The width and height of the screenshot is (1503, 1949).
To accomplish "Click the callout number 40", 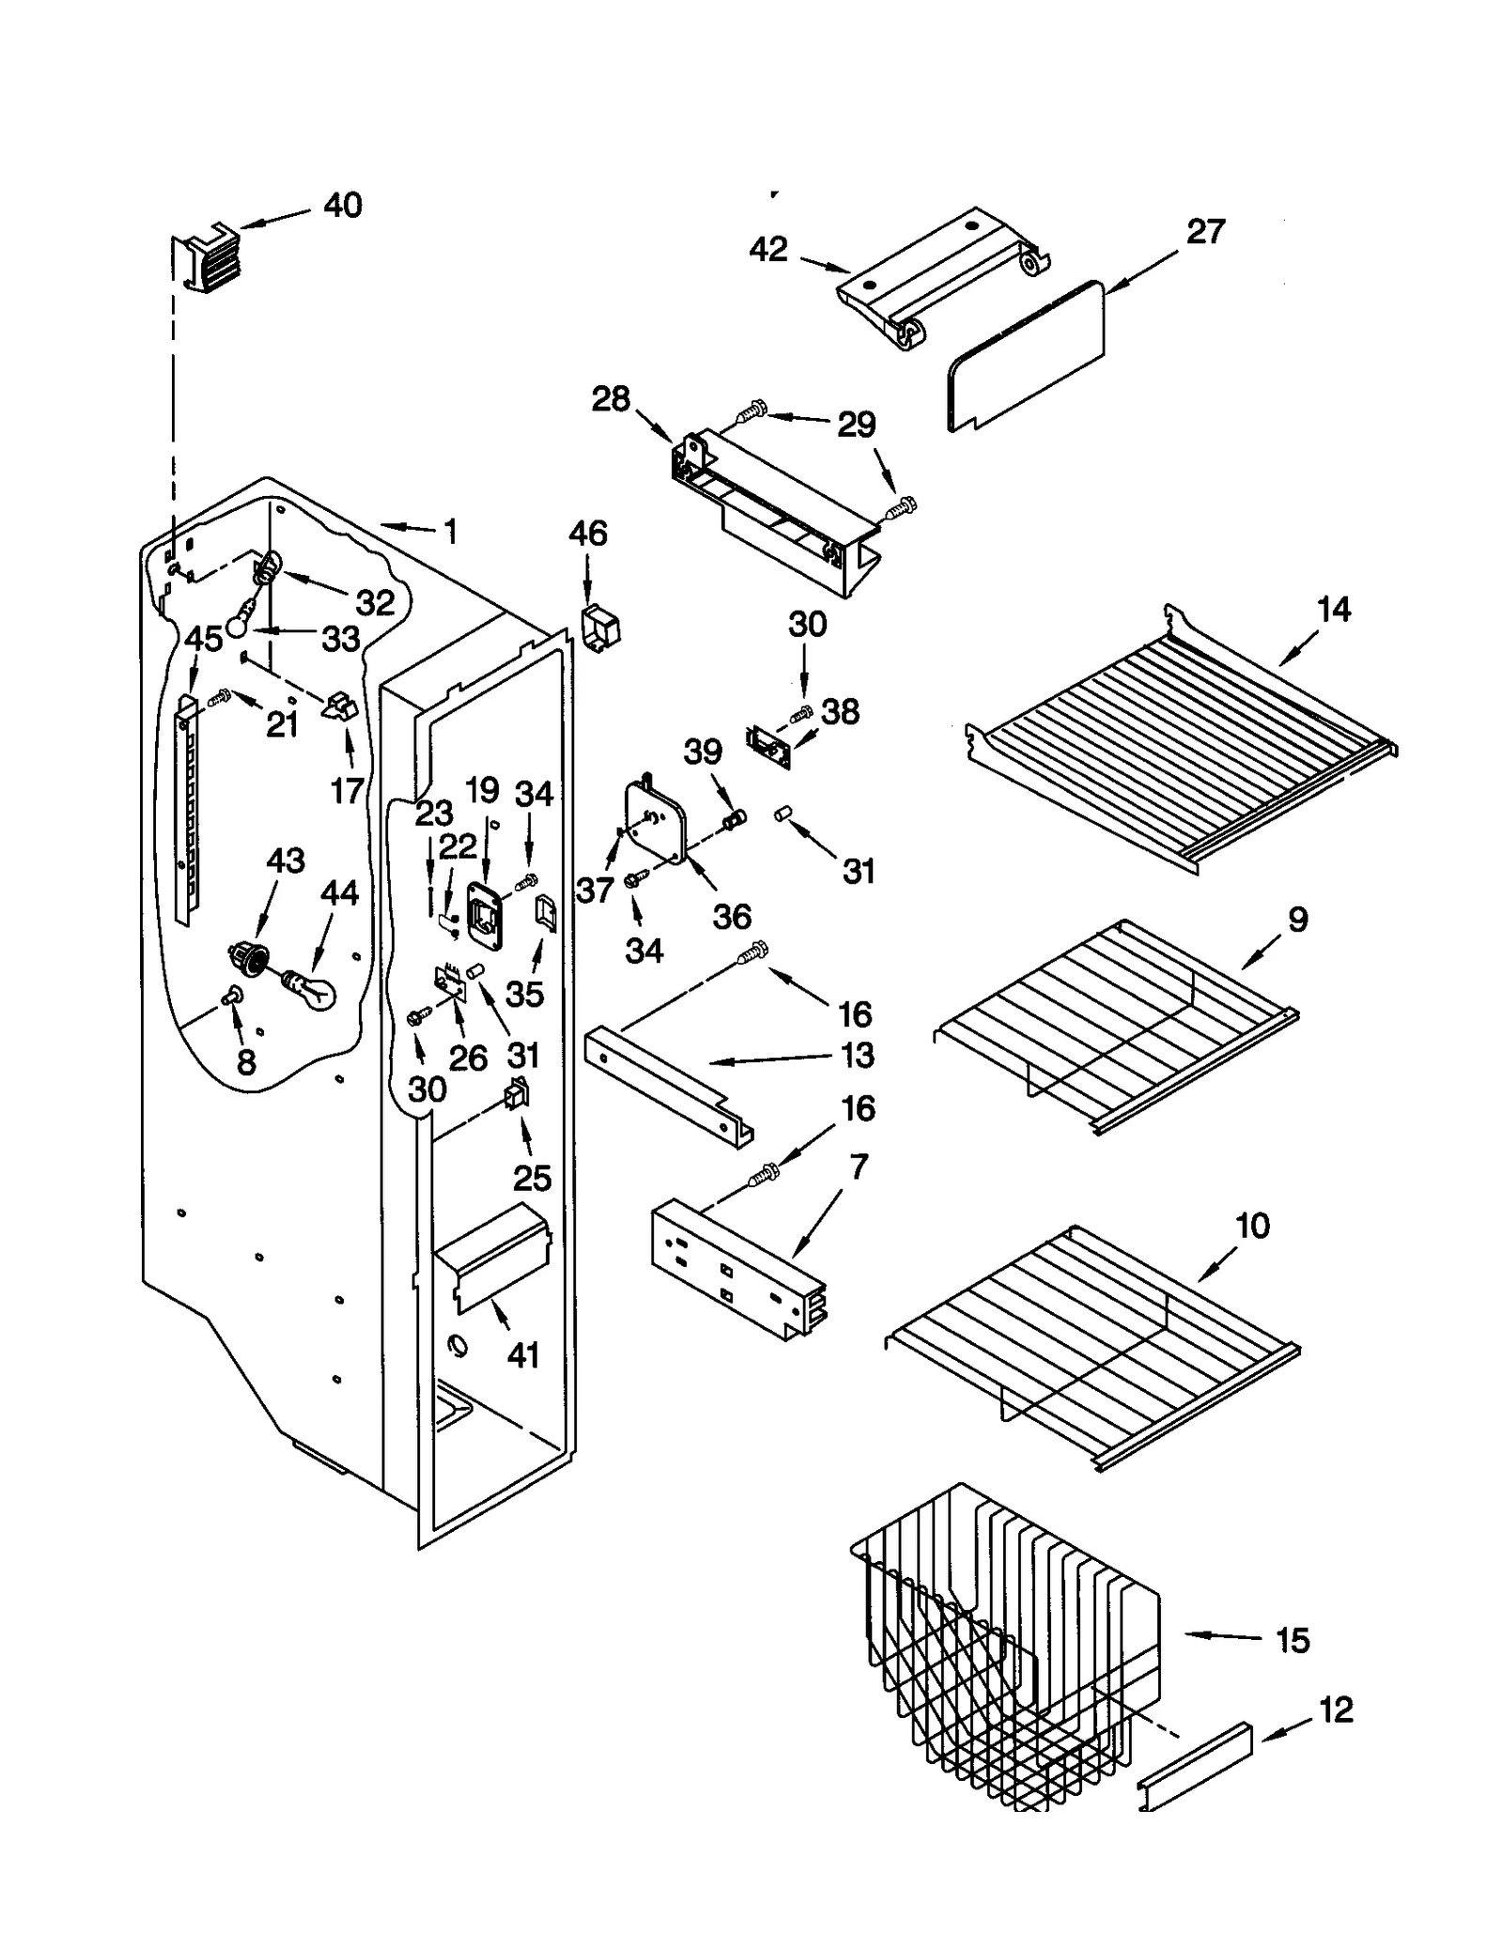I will point(343,205).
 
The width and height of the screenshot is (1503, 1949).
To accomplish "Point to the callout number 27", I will point(1205,231).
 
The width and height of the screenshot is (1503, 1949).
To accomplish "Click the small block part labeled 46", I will point(599,627).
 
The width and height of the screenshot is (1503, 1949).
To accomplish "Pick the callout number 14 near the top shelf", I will point(1333,609).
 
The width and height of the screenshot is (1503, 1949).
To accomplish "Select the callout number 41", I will point(523,1354).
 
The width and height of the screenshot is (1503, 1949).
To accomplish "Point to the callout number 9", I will point(1297,919).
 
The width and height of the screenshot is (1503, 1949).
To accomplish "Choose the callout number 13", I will point(856,1055).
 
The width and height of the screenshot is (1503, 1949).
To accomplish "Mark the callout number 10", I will point(1252,1225).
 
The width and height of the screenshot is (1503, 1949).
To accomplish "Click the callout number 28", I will point(611,399).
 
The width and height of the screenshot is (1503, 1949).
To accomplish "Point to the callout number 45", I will point(204,639).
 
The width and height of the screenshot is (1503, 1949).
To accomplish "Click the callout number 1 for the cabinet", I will point(450,532).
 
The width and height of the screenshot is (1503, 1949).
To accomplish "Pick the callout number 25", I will point(532,1177).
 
